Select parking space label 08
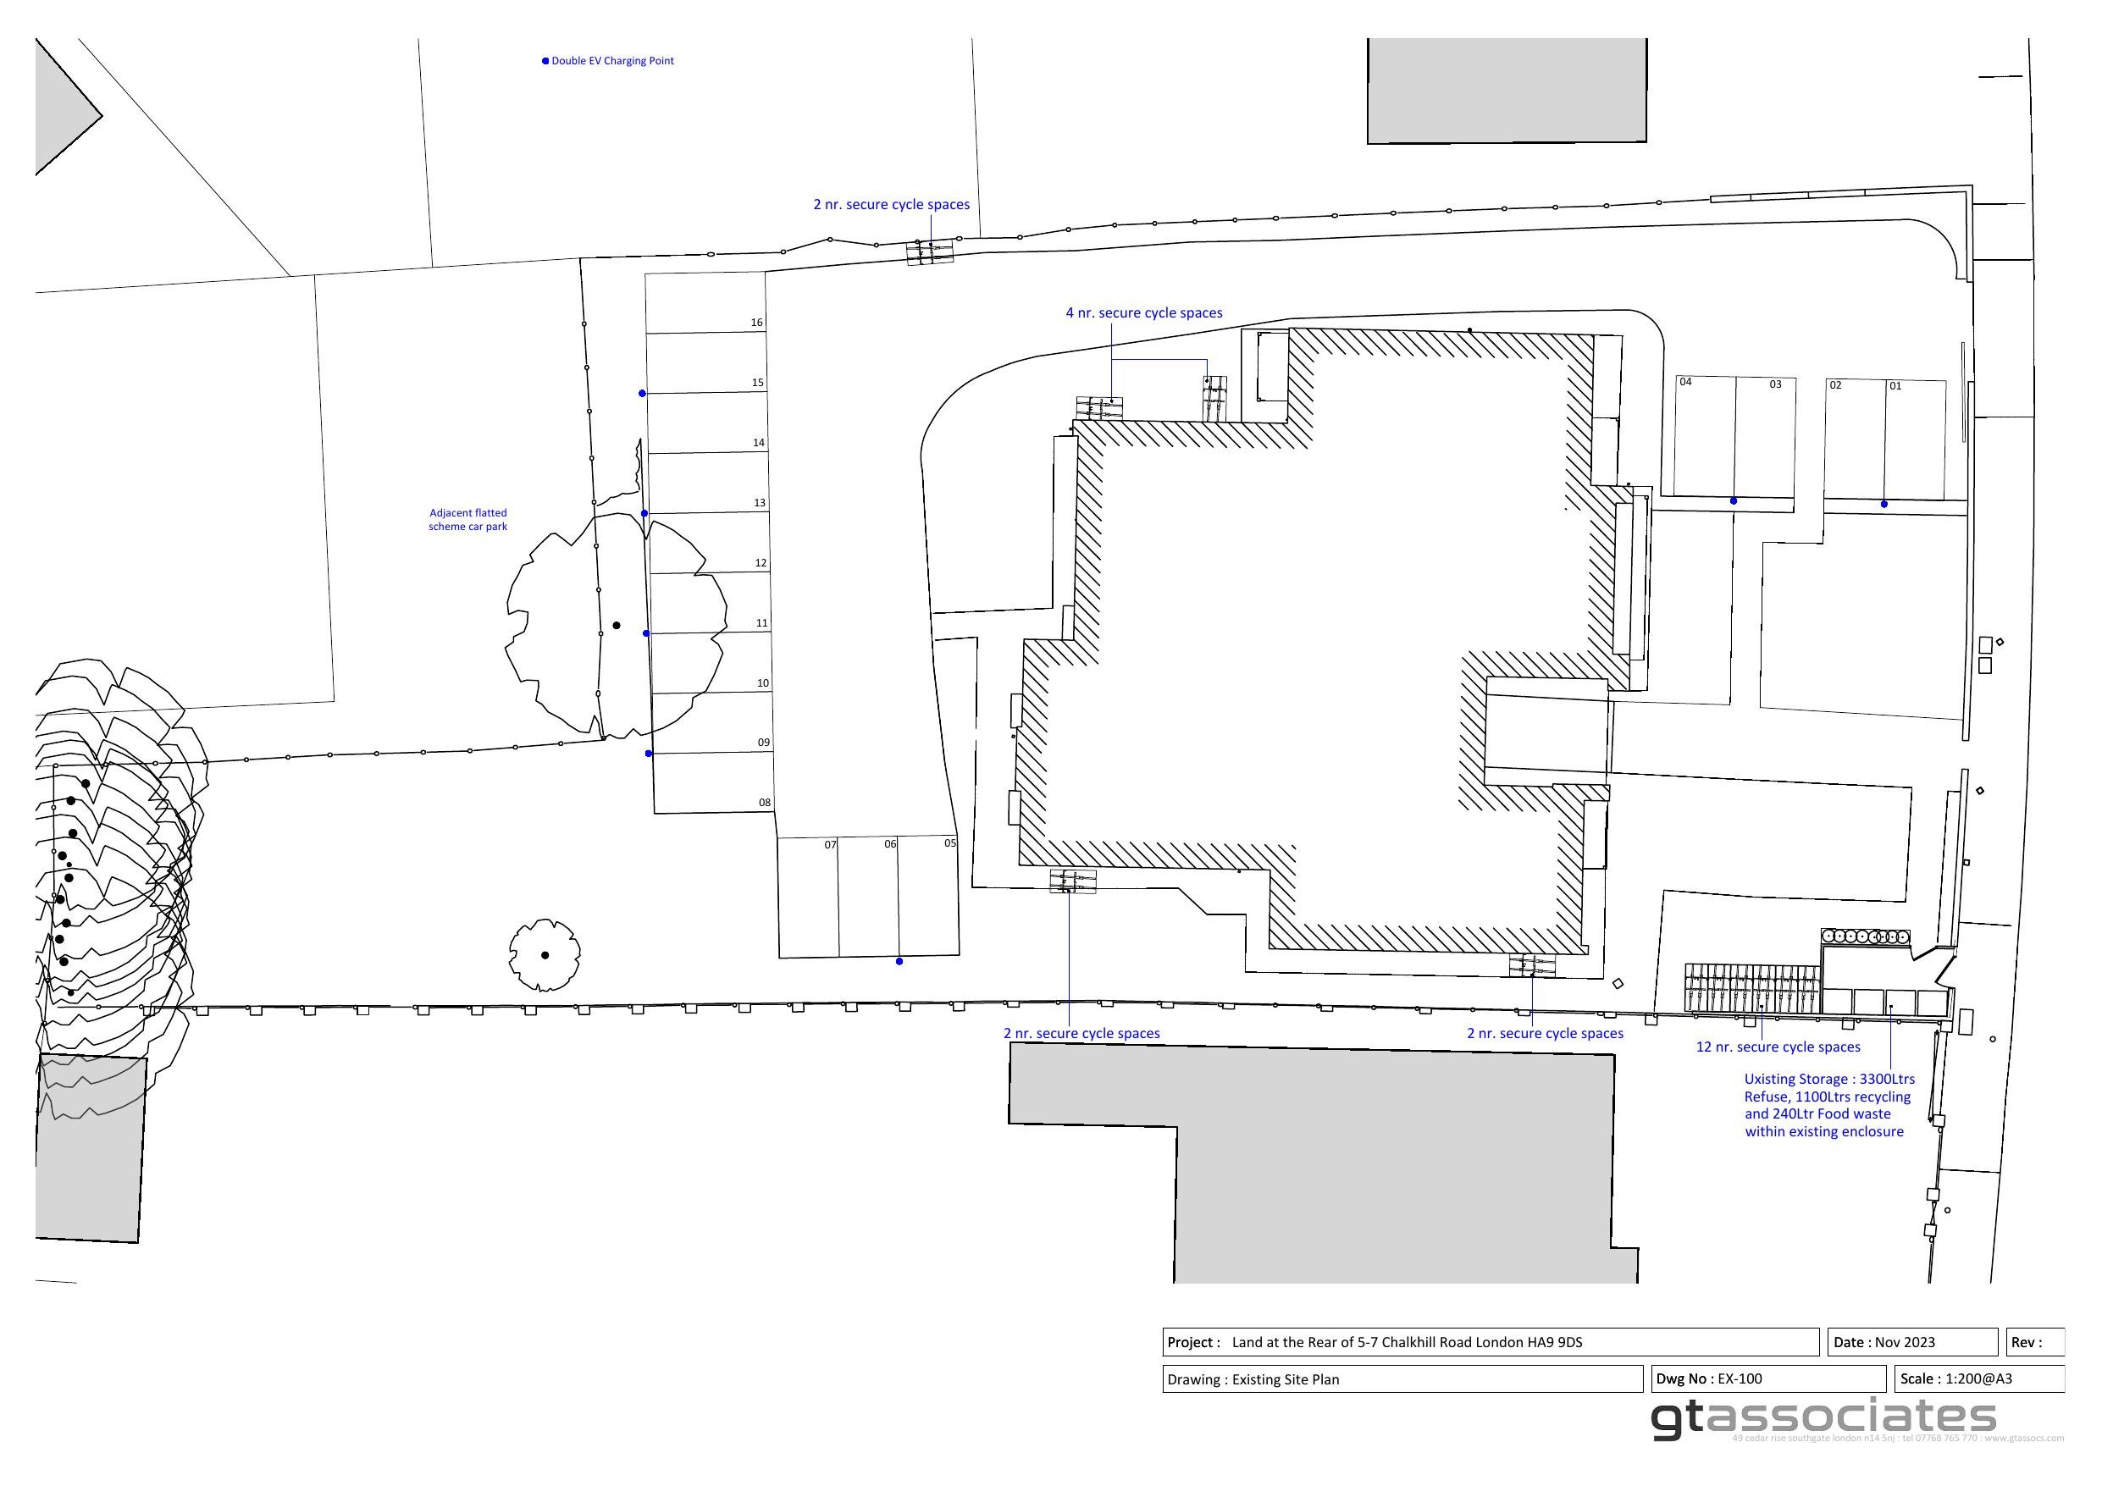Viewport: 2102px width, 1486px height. [x=765, y=803]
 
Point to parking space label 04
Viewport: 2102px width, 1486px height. [x=1685, y=383]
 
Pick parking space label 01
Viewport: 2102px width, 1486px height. [x=1895, y=386]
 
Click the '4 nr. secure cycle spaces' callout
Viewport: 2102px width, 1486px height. [x=1143, y=313]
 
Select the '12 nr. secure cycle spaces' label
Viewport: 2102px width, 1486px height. [x=1778, y=1047]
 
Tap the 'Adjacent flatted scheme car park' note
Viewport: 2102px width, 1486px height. [x=467, y=520]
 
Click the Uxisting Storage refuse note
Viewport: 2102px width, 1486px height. [x=1828, y=1105]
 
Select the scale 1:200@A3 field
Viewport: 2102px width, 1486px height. [x=1978, y=1378]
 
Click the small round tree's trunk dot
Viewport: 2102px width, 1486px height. [x=545, y=955]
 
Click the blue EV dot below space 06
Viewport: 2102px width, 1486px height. [x=899, y=961]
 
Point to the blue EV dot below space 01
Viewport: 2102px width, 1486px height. [x=1884, y=505]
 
